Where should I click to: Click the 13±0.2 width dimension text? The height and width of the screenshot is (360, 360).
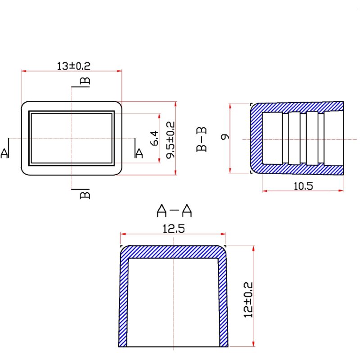tap(74, 66)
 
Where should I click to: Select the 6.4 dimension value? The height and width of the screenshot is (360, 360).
tap(154, 138)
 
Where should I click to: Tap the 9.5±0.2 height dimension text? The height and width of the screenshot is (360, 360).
tap(171, 139)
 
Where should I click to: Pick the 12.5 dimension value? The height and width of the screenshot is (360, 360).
tap(173, 229)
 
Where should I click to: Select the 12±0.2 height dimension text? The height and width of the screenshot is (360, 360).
tap(248, 300)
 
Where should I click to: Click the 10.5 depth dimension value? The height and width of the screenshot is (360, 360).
tap(302, 185)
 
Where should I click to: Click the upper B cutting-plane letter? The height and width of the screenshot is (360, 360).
tap(84, 81)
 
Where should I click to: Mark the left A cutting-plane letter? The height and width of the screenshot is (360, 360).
tap(5, 153)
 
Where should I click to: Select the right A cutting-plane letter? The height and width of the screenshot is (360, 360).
tap(139, 153)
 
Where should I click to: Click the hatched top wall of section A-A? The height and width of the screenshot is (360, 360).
tap(173, 252)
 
